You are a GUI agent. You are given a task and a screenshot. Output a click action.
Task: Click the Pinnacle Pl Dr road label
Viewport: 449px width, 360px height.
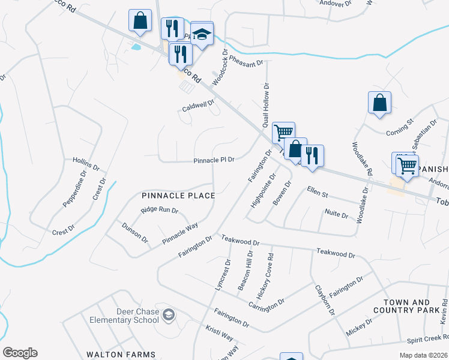(213, 160)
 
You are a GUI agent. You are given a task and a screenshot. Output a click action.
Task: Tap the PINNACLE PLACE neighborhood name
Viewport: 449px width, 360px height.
(178, 196)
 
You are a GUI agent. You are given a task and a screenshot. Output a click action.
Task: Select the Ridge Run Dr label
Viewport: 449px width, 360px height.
(160, 210)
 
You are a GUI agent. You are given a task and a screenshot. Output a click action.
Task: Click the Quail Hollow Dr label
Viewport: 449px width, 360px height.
(265, 105)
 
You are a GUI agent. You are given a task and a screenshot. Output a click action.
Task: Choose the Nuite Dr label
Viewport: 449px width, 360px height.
(336, 214)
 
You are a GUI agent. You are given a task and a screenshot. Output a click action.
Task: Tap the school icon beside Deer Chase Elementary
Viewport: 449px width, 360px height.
(170, 315)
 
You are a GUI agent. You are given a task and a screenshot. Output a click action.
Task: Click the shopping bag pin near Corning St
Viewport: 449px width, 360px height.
(379, 103)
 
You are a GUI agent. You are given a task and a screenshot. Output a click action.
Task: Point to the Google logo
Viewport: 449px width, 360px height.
(20, 353)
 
